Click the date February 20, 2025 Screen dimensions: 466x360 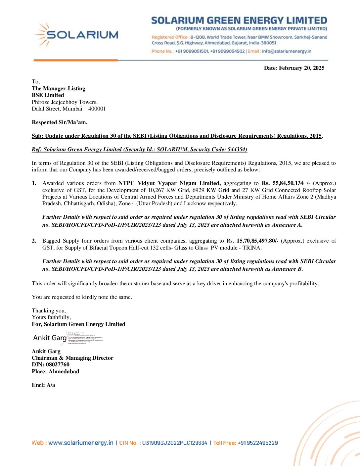click(x=301, y=68)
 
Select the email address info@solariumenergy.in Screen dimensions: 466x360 click(x=287, y=51)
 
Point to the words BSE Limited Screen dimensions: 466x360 click(x=48, y=95)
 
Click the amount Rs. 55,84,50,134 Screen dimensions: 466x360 click(x=283, y=183)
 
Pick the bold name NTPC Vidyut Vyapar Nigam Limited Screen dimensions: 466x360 click(x=169, y=183)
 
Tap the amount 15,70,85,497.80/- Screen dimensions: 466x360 click(x=257, y=241)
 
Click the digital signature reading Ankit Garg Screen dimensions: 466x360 click(x=50, y=338)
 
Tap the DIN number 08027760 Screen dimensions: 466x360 click(x=58, y=365)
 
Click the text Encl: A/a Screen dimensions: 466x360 click(x=43, y=385)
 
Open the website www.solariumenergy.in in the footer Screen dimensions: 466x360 click(x=81, y=443)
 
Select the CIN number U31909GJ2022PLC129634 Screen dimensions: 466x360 click(x=175, y=443)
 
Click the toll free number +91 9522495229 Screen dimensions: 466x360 click(x=257, y=443)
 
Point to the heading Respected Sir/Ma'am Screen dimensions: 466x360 click(x=60, y=122)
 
